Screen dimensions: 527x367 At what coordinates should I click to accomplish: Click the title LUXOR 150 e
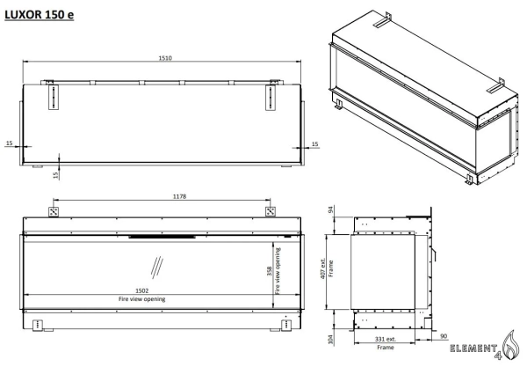[39, 15]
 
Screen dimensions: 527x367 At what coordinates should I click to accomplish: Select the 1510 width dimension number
[165, 58]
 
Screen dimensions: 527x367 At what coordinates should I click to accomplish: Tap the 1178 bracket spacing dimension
[179, 196]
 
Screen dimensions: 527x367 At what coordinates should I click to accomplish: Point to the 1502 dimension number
[141, 290]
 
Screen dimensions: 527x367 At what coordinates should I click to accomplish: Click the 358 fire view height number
[270, 271]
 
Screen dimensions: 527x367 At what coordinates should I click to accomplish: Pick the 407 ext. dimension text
[323, 268]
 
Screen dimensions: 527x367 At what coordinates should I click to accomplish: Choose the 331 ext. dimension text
[386, 340]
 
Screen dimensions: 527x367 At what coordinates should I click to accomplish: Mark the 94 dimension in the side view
[330, 209]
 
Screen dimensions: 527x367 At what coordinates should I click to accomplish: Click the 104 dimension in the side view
[331, 340]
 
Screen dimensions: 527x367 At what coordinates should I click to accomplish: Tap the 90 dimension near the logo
[444, 336]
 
